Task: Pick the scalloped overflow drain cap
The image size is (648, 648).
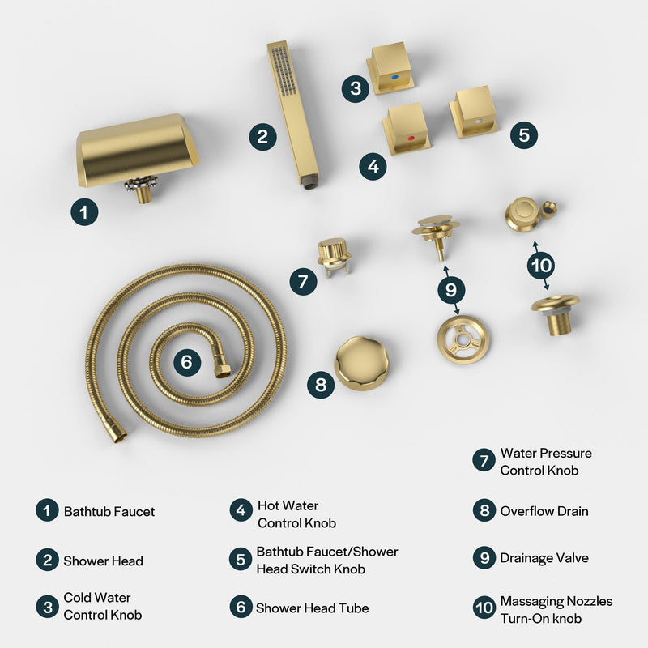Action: coord(361,363)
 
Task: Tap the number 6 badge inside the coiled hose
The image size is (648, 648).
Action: coord(186,362)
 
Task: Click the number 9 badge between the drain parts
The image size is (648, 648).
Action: coord(451,287)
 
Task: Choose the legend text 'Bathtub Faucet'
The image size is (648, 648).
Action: coord(109,511)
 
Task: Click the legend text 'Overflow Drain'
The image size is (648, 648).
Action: coord(544,511)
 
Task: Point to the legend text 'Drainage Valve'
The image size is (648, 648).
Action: coord(544,558)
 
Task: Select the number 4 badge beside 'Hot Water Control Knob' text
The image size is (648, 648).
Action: coord(241,511)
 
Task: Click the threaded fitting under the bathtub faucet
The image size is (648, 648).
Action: coord(144,192)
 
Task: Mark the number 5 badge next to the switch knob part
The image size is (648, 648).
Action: coord(524,134)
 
